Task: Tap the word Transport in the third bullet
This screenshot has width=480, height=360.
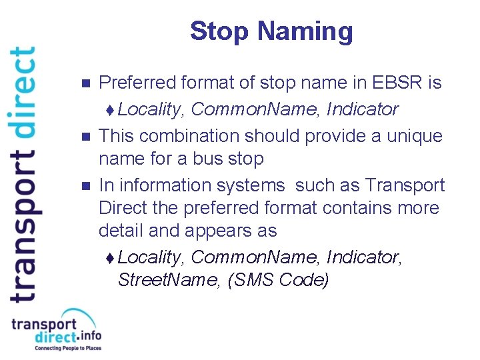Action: click(406, 185)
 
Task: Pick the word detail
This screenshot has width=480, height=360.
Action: click(119, 231)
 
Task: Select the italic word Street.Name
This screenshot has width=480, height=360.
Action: click(169, 279)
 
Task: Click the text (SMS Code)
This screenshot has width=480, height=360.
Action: click(279, 279)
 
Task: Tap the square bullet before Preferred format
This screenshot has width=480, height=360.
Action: click(83, 84)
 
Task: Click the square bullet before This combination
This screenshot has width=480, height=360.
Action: click(83, 137)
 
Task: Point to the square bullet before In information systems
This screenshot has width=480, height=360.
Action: click(83, 186)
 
